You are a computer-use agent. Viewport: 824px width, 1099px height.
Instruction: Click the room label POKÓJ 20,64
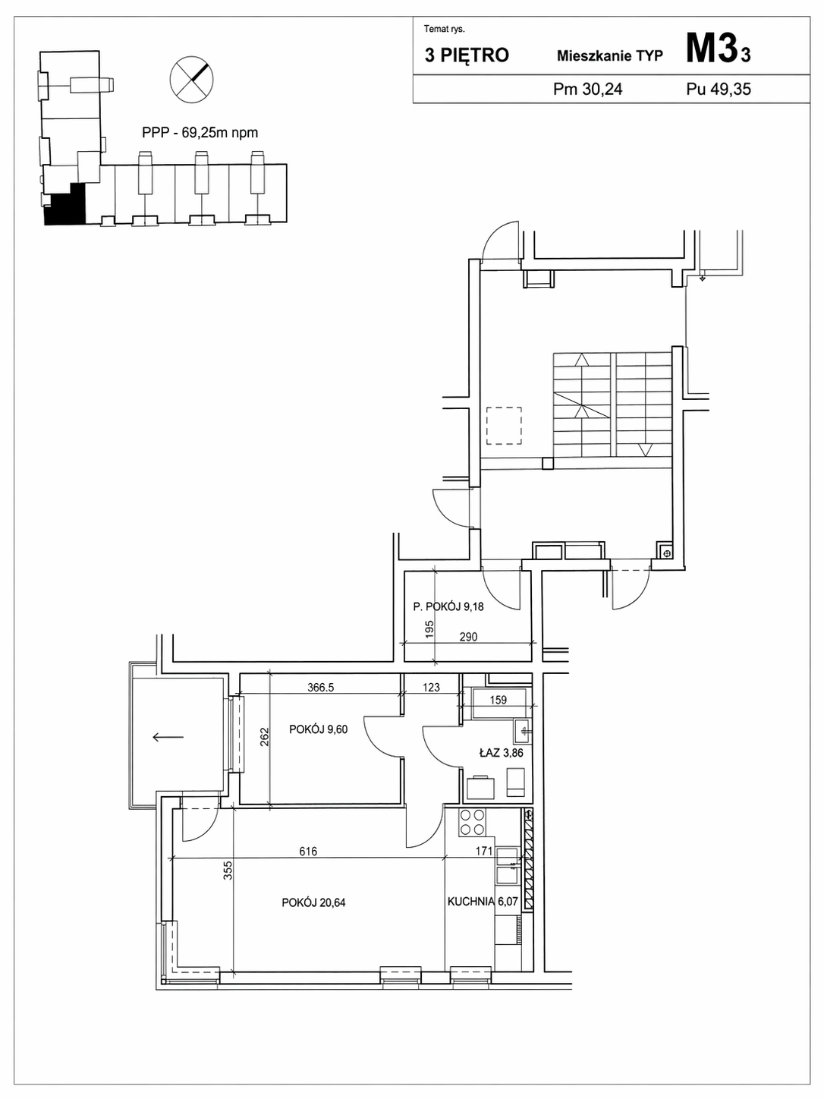pyautogui.click(x=313, y=902)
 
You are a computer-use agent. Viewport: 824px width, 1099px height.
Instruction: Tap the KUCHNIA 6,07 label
pyautogui.click(x=483, y=902)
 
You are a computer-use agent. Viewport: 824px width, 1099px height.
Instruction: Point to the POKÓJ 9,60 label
pyautogui.click(x=318, y=729)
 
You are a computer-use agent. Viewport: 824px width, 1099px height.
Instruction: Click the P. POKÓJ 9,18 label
pyautogui.click(x=448, y=607)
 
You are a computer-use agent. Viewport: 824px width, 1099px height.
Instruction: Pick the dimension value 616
pyautogui.click(x=308, y=851)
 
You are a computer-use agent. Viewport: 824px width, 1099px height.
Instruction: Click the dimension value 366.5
pyautogui.click(x=320, y=688)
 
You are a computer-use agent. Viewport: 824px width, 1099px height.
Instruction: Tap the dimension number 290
pyautogui.click(x=468, y=637)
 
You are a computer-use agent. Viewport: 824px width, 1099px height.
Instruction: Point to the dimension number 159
pyautogui.click(x=498, y=700)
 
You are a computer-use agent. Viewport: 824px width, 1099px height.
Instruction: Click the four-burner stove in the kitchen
pyautogui.click(x=472, y=822)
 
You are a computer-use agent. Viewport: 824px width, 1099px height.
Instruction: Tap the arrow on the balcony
pyautogui.click(x=168, y=736)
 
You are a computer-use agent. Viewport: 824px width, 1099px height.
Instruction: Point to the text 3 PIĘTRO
pyautogui.click(x=467, y=55)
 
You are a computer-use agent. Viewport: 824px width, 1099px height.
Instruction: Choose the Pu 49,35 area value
pyautogui.click(x=719, y=89)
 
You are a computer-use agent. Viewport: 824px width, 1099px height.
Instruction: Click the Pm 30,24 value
pyautogui.click(x=588, y=89)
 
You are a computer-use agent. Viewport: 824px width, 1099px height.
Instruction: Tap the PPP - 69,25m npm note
pyautogui.click(x=200, y=133)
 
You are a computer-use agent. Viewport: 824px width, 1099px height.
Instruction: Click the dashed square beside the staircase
pyautogui.click(x=505, y=426)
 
